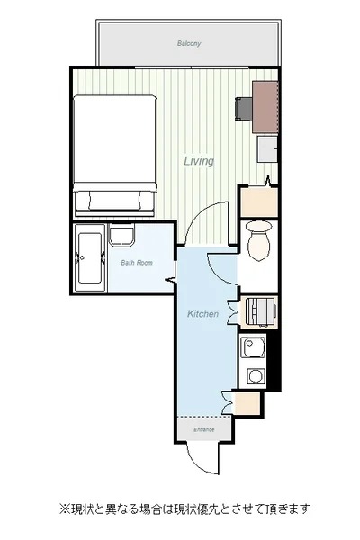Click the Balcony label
pos(189,43)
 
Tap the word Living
pos(199,161)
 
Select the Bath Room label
pos(137,263)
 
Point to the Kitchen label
pos(202,314)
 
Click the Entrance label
pos(204,430)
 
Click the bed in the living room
pos(115,156)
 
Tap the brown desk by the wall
pos(265,107)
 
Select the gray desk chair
pos(244,109)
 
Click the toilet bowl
pos(258,240)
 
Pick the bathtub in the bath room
pos(90,258)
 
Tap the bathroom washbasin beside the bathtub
pos(121,235)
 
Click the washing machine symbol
pos(261,312)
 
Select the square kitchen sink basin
pos(253,347)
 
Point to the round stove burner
pos(256,376)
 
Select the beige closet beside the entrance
pos(247,403)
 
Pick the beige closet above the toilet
pos(258,202)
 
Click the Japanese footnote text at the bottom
pos(185,508)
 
